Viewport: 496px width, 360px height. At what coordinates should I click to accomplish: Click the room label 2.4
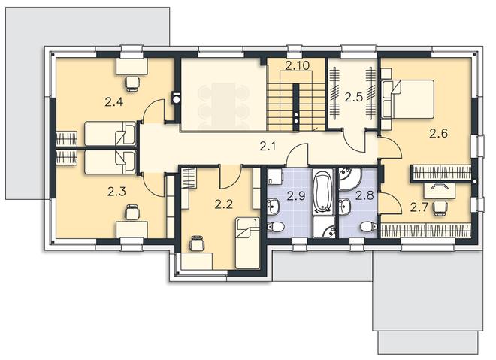[x=114, y=102]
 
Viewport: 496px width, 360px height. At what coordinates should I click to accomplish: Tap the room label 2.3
[x=116, y=192]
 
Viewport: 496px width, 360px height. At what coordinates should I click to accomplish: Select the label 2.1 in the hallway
[x=268, y=146]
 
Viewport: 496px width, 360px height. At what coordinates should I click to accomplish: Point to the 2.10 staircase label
[x=297, y=66]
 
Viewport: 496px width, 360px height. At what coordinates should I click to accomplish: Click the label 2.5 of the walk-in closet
[x=354, y=97]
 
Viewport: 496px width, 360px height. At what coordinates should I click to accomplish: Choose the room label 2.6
[x=438, y=133]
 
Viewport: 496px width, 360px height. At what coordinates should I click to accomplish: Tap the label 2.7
[x=419, y=207]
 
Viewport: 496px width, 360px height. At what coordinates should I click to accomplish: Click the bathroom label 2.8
[x=364, y=195]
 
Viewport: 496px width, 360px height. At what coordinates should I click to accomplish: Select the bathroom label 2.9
[x=296, y=196]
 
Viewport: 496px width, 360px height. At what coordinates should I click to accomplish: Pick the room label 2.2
[x=224, y=204]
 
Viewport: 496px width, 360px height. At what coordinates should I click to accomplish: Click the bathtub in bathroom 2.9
[x=323, y=191]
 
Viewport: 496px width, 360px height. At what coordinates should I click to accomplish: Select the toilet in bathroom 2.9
[x=276, y=227]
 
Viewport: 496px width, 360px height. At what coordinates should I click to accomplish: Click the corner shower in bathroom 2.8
[x=349, y=179]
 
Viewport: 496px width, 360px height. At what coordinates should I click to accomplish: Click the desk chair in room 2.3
[x=132, y=212]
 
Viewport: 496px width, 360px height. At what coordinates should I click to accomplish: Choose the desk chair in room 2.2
[x=197, y=244]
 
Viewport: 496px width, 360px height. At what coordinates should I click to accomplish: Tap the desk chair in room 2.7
[x=440, y=208]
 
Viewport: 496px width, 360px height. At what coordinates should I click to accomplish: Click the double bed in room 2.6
[x=407, y=99]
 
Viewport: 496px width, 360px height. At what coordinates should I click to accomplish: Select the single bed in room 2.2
[x=247, y=244]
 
